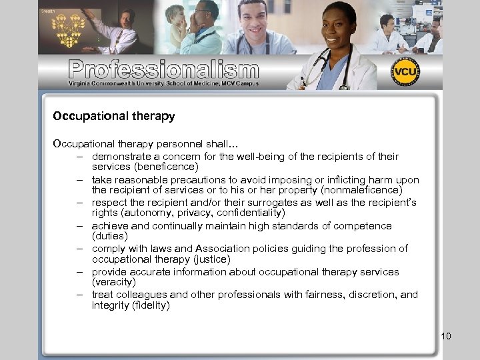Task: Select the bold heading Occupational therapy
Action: [114, 116]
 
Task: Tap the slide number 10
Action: [446, 336]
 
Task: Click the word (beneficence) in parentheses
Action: [167, 167]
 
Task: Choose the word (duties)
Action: [109, 236]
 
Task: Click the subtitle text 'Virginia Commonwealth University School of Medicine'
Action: [153, 83]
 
